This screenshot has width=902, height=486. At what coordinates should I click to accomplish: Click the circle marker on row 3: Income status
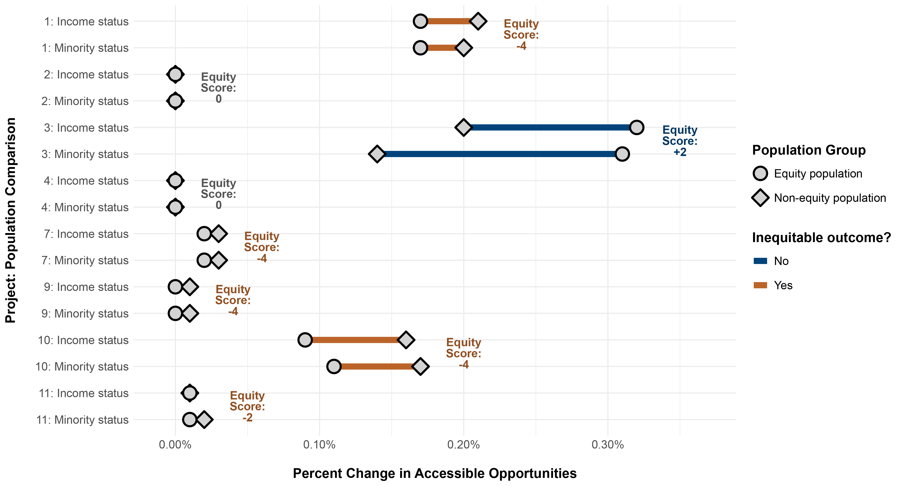point(636,127)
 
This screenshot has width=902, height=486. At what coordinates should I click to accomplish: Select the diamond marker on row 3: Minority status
point(377,154)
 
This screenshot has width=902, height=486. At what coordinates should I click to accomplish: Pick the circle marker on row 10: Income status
point(305,340)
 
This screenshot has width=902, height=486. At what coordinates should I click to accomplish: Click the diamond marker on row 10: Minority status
point(420,367)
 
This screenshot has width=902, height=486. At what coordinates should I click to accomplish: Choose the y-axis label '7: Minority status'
point(85,260)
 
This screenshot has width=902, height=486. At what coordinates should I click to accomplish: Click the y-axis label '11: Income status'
point(84,393)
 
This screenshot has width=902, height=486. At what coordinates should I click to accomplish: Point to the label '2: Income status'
point(86,75)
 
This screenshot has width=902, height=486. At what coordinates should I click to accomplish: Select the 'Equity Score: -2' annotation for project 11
point(247,406)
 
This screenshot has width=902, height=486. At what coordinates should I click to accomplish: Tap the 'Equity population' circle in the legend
point(760,173)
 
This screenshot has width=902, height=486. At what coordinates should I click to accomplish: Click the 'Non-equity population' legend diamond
point(760,198)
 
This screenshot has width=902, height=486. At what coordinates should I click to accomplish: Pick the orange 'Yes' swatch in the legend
point(760,285)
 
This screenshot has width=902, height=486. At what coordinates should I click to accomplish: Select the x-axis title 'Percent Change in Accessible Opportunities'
point(435,473)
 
